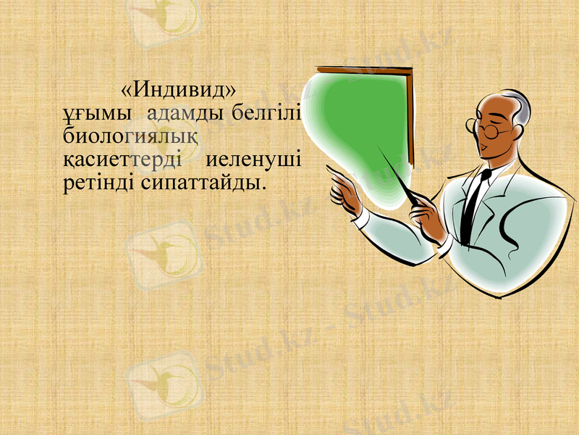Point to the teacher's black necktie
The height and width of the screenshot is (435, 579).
click(x=474, y=196)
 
